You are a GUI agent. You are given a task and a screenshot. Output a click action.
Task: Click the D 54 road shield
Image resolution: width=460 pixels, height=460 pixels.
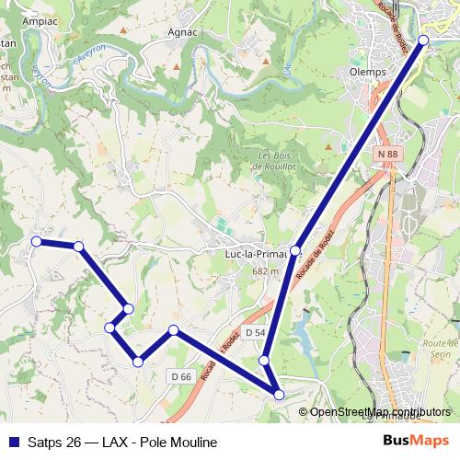[x=255, y=332]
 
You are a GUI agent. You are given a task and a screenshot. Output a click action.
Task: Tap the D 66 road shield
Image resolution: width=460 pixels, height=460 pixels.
[x=180, y=376]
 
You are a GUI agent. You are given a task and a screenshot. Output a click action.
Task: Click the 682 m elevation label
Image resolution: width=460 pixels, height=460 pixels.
[x=265, y=271]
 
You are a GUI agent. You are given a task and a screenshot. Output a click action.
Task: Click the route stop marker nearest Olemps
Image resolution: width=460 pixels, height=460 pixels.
[x=423, y=40]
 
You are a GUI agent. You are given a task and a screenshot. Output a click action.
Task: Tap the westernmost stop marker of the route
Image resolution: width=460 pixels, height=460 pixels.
[x=37, y=241]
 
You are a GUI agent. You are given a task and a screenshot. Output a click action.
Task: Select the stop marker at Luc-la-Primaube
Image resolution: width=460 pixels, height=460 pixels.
[x=295, y=250]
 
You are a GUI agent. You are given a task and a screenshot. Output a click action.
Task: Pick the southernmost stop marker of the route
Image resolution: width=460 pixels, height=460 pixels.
[x=279, y=395]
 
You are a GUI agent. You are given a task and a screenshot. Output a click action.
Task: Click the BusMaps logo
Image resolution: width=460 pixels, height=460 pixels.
[x=416, y=441]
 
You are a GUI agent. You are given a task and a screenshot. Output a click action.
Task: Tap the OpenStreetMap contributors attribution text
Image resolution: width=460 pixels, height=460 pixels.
[x=381, y=412]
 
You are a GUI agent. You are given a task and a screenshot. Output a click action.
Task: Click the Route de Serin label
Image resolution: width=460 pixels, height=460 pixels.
[x=441, y=347]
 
